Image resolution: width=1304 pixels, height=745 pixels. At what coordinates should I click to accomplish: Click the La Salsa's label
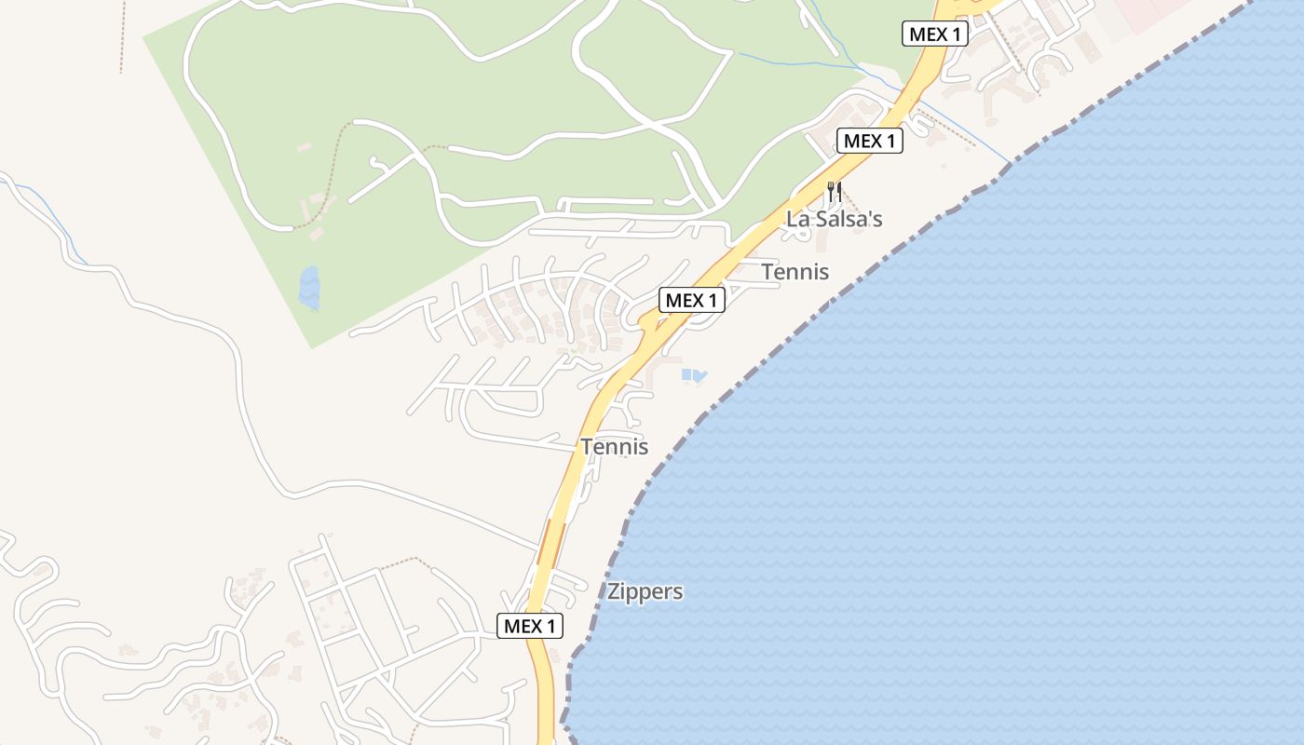[834, 220]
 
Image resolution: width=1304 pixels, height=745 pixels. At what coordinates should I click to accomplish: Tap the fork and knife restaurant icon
[834, 192]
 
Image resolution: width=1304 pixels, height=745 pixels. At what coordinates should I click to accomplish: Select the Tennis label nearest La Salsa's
[795, 272]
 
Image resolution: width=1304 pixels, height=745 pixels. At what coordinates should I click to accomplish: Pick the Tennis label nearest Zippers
[614, 447]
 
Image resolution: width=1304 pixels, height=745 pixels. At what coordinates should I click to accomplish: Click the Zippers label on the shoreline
[645, 591]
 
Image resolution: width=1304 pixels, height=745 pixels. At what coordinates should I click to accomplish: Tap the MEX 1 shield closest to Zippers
[529, 627]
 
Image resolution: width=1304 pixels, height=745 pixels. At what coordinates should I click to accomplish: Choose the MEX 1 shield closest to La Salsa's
[870, 142]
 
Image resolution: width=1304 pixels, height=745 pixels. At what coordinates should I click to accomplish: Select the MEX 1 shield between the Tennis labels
[691, 301]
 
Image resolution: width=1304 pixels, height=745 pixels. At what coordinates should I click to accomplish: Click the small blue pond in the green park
[309, 288]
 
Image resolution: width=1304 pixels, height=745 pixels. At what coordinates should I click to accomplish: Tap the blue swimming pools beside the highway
[693, 375]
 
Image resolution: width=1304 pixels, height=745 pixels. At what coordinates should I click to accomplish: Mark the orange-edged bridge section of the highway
[551, 542]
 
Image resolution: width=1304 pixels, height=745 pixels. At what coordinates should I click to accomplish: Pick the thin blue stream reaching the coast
[969, 130]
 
